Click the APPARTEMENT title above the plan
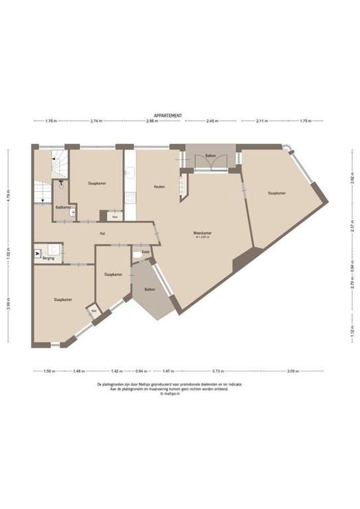pyautogui.click(x=168, y=115)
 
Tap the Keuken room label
pyautogui.click(x=159, y=187)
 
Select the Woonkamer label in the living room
pyautogui.click(x=202, y=233)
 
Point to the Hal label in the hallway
pyautogui.click(x=102, y=233)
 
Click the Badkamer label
pyautogui.click(x=63, y=207)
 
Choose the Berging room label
pyautogui.click(x=48, y=258)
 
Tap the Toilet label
pyautogui.click(x=146, y=252)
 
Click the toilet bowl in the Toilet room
pyautogui.click(x=137, y=254)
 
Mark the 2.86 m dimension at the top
pyautogui.click(x=152, y=121)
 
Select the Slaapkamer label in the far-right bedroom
pyautogui.click(x=277, y=193)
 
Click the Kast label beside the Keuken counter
pyautogui.click(x=115, y=217)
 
